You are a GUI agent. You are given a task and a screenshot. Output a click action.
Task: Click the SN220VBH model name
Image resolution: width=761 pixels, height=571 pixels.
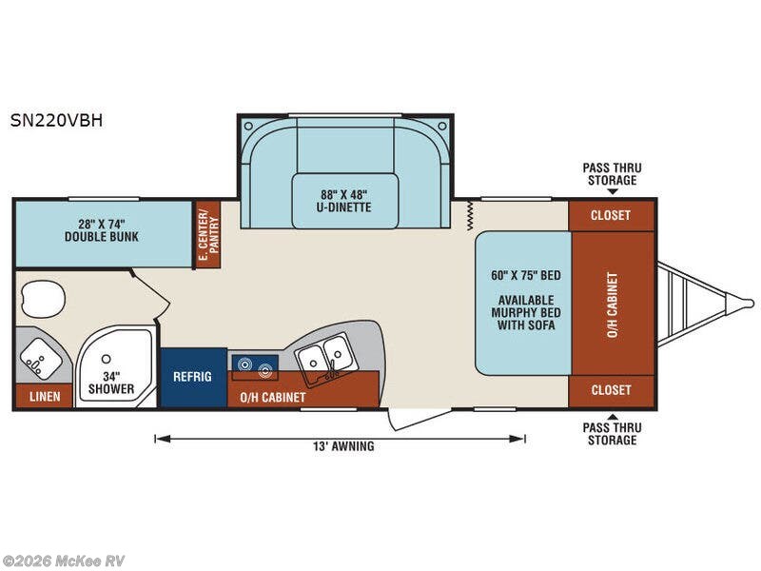56,121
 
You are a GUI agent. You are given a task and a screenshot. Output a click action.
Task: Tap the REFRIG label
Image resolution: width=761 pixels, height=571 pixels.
192,376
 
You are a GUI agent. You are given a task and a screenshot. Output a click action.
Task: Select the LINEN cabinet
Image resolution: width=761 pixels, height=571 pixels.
45,396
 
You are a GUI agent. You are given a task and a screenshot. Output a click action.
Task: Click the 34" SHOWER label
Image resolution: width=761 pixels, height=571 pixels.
111,383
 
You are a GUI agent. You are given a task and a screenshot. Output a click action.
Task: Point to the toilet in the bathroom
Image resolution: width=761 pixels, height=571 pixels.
42,299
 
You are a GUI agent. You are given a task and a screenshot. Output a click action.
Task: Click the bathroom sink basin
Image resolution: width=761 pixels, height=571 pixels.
41,359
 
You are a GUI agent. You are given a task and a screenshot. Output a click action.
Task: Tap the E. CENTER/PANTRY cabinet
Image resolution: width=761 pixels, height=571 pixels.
207,234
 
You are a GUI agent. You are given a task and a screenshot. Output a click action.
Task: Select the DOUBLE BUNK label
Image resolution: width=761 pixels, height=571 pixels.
102,236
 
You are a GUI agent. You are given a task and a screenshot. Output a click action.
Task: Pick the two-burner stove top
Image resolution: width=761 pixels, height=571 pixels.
254,366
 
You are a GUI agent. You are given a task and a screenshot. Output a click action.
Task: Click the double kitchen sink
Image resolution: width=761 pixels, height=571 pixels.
323,358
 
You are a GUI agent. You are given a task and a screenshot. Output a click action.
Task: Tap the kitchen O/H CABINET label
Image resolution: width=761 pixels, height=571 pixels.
273,397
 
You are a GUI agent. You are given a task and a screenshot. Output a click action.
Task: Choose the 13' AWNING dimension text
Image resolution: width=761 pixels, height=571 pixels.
343,445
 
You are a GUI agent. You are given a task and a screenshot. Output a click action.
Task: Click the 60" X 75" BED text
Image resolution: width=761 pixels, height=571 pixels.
526,275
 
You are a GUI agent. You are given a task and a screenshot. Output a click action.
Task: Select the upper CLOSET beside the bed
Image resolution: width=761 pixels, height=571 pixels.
611,215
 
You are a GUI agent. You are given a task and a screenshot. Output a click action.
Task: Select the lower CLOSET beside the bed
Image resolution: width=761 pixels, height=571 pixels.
611,390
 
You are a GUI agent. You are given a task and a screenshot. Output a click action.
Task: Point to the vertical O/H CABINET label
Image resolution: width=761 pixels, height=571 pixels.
613,305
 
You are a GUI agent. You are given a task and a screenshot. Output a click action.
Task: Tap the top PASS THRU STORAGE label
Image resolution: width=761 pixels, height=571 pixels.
612,174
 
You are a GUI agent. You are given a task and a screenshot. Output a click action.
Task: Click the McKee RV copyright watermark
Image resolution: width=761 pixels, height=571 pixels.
63,561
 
